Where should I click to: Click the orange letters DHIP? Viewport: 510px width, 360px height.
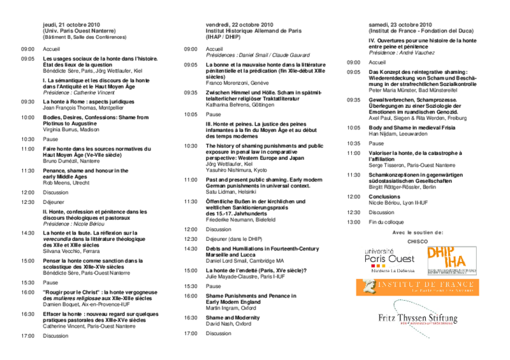[440, 252]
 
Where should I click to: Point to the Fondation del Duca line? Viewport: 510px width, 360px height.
[421, 31]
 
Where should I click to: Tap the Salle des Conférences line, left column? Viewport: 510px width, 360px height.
[84, 37]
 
